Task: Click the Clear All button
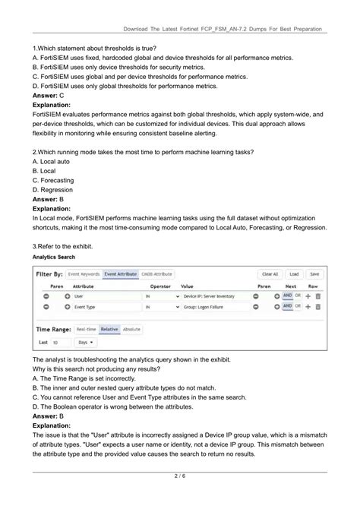(x=270, y=273)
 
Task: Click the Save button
(x=314, y=273)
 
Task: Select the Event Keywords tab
(x=84, y=273)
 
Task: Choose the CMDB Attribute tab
(x=158, y=273)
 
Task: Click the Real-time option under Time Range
(x=85, y=330)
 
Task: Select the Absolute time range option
(x=131, y=330)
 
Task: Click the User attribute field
(x=106, y=296)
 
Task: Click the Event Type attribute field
(x=106, y=307)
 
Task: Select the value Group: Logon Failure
(x=213, y=307)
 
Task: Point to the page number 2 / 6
(x=180, y=497)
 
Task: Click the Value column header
(x=187, y=286)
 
